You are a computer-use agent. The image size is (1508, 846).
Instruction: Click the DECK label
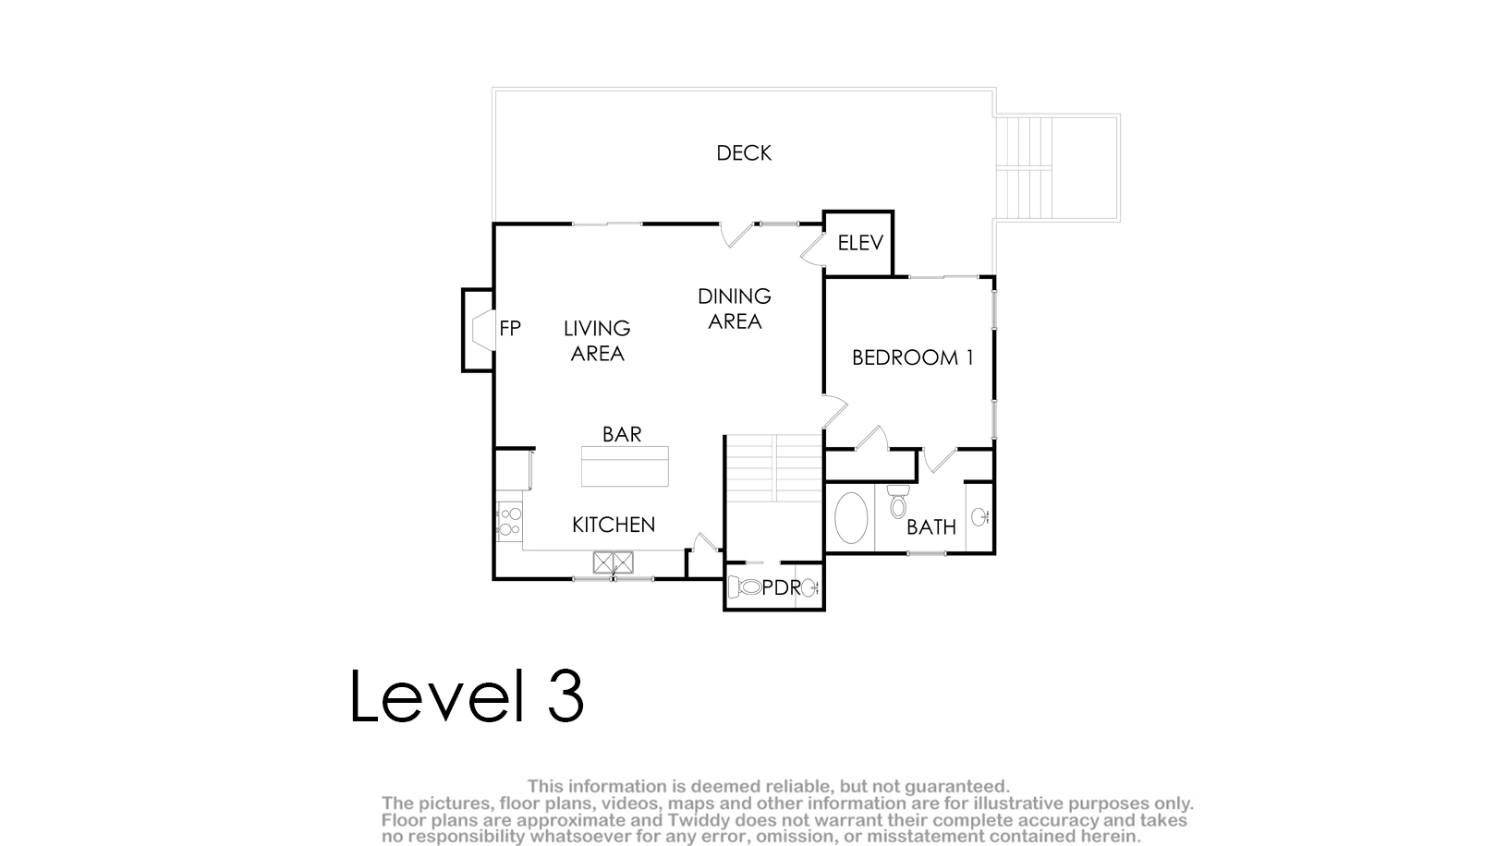(x=744, y=153)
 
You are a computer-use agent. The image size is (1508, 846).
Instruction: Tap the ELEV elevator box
(x=858, y=243)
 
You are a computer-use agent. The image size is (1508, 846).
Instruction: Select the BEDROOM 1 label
(x=913, y=357)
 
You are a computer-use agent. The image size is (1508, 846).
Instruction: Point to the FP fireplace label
(x=510, y=329)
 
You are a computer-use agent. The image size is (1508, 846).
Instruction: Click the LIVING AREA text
(x=597, y=341)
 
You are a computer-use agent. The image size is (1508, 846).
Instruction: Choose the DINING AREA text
(x=735, y=308)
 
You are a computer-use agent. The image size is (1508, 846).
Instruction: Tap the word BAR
(x=622, y=435)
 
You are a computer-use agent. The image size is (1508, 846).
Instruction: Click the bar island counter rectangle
(x=625, y=465)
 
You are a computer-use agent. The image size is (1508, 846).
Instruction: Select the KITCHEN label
(x=614, y=525)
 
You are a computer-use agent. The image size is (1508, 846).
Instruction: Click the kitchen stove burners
(x=510, y=522)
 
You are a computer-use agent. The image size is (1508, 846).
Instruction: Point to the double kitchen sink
(x=614, y=562)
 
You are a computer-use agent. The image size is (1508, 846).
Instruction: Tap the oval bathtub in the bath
(x=852, y=517)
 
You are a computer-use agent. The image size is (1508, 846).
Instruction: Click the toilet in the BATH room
(x=898, y=502)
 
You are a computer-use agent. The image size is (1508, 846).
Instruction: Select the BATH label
(x=931, y=527)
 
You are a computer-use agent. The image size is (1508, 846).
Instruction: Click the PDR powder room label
(x=782, y=588)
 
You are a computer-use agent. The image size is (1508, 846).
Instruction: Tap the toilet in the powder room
(x=746, y=587)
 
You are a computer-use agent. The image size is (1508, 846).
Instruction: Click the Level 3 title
(x=467, y=696)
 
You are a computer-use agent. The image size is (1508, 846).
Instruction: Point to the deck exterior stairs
(x=1023, y=167)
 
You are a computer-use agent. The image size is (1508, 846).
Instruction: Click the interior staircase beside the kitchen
(x=774, y=467)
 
